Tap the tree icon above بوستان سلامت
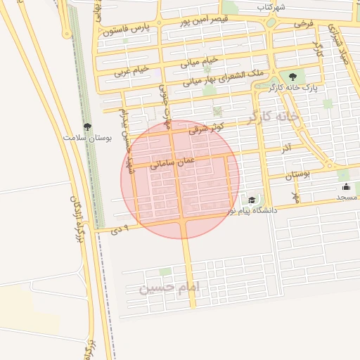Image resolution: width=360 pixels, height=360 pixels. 86,127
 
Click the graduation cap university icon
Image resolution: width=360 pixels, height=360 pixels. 251,200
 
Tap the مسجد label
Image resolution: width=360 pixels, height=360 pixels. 347,197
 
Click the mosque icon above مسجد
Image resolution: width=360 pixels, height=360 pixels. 346,187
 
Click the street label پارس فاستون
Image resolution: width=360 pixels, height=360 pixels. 125,30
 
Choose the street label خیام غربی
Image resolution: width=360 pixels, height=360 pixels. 132,70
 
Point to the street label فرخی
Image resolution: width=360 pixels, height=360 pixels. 303,24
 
